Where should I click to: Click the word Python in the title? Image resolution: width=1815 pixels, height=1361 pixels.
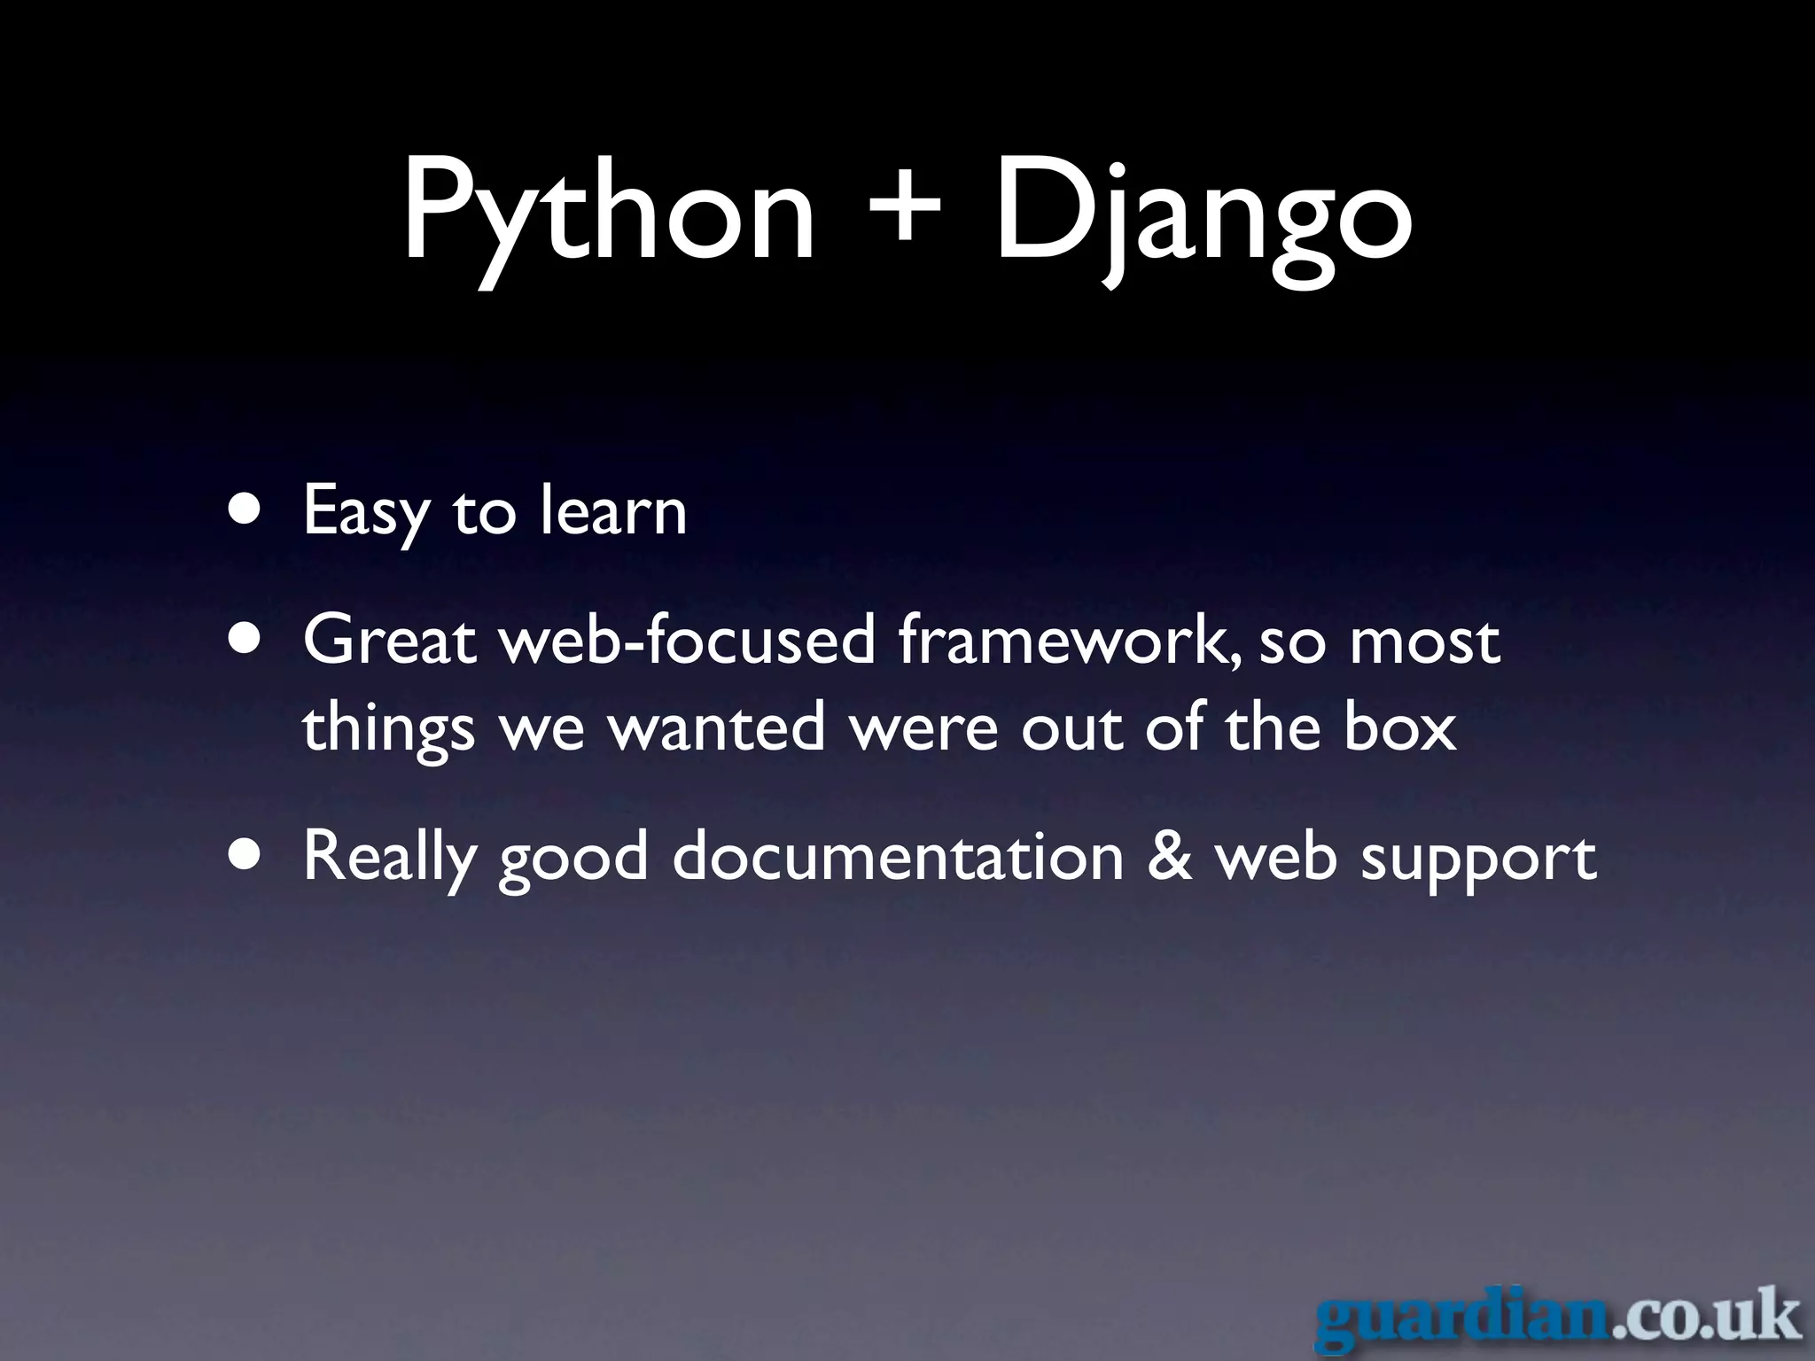pyautogui.click(x=608, y=213)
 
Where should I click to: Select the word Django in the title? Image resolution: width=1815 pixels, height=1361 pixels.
pyautogui.click(x=1202, y=213)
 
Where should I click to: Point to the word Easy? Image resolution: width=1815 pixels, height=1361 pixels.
pyautogui.click(x=365, y=512)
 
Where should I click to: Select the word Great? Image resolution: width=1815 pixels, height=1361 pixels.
pyautogui.click(x=390, y=640)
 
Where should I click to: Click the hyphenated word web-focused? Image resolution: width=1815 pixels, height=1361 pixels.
pyautogui.click(x=688, y=640)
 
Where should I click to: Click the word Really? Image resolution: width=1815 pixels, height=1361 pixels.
pyautogui.click(x=389, y=857)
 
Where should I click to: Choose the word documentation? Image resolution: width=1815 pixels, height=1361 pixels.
pyautogui.click(x=898, y=856)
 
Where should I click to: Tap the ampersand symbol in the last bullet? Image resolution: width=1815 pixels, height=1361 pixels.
pyautogui.click(x=1169, y=856)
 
